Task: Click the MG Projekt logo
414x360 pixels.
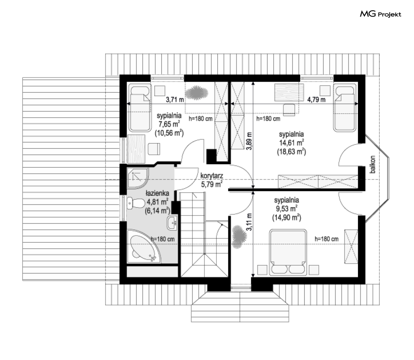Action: tap(380, 14)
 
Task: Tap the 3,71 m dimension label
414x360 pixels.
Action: tap(175, 99)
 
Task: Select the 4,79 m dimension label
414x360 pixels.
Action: tap(316, 99)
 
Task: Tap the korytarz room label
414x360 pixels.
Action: tap(212, 176)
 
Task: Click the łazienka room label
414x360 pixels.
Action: tap(157, 193)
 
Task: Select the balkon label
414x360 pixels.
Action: tap(373, 164)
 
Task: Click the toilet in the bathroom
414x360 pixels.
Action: tap(136, 203)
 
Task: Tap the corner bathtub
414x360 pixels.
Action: tap(144, 247)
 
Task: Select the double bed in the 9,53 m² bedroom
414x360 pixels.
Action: tap(288, 252)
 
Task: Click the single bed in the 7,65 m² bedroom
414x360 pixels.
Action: tap(140, 108)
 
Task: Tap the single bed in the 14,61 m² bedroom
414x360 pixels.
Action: tap(345, 108)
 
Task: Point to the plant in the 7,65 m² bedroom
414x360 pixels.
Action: tap(196, 93)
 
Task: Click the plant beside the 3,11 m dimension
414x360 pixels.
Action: tap(239, 236)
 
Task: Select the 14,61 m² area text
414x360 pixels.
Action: tap(291, 143)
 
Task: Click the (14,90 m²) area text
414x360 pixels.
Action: tap(287, 217)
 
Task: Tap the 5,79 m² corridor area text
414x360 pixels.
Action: tap(212, 184)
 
